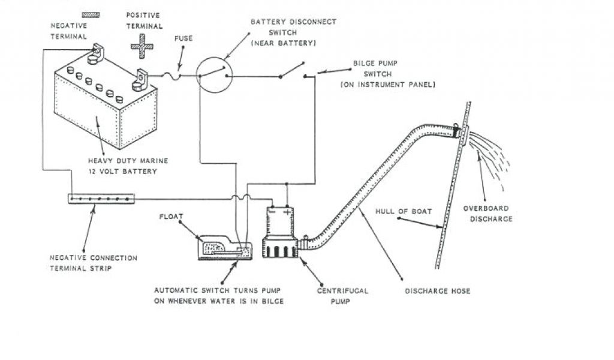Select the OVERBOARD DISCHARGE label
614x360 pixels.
[486, 214]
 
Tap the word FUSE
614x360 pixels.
[183, 39]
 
